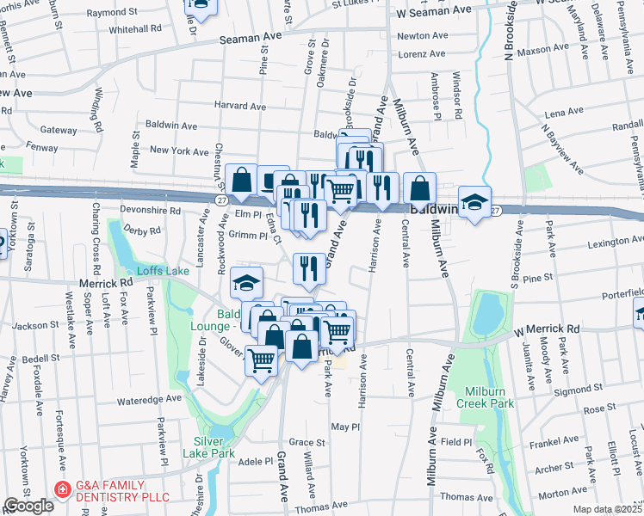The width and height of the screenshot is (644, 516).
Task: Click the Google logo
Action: [28, 506]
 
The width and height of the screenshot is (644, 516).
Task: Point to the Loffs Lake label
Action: [165, 271]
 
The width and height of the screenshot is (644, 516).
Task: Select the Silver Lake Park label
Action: [208, 447]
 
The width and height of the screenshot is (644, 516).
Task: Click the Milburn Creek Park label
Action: [486, 396]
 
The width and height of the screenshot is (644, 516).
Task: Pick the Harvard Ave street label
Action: [241, 106]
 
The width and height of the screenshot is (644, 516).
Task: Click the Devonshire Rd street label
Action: [152, 210]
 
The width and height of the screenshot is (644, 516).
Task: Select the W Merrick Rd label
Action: [548, 329]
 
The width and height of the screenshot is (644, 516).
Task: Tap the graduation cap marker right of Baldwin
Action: [474, 203]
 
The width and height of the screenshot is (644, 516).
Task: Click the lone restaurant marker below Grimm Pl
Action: [309, 267]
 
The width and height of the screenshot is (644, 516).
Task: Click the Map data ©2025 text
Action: [606, 509]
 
